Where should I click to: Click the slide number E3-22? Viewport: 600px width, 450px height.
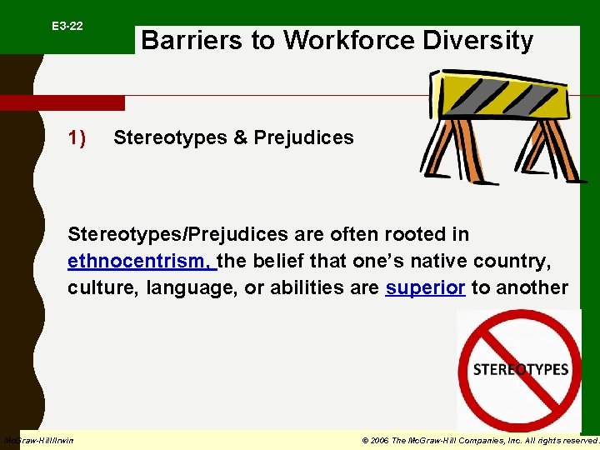click(x=67, y=27)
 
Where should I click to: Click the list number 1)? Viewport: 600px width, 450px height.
click(x=77, y=137)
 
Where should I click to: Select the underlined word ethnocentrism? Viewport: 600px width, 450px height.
click(x=140, y=261)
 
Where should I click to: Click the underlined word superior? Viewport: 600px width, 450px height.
click(x=425, y=288)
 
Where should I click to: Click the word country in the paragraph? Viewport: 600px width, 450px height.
click(x=517, y=261)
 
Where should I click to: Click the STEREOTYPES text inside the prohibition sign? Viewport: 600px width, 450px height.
click(x=521, y=369)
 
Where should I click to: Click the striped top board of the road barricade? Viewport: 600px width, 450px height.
click(x=497, y=96)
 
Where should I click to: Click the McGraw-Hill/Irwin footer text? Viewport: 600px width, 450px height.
click(x=38, y=440)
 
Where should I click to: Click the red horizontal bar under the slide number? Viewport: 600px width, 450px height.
click(x=62, y=103)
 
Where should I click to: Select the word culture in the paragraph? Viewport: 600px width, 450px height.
click(x=104, y=288)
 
